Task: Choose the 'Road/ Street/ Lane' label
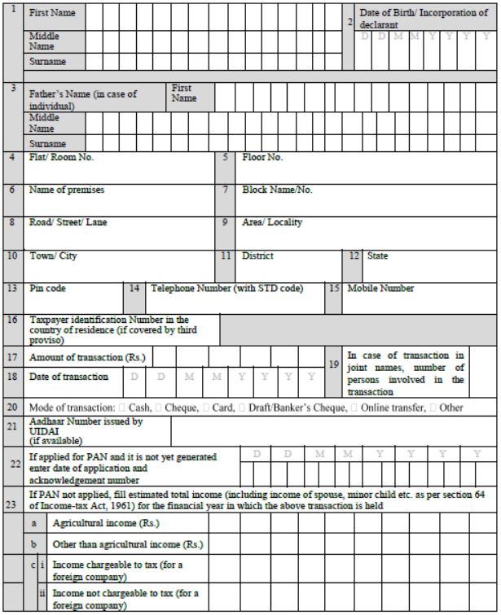(68, 222)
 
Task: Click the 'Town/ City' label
(53, 255)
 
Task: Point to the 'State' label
(377, 255)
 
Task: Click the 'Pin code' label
(48, 288)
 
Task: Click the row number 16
(13, 321)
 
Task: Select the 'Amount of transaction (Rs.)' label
(86, 357)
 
